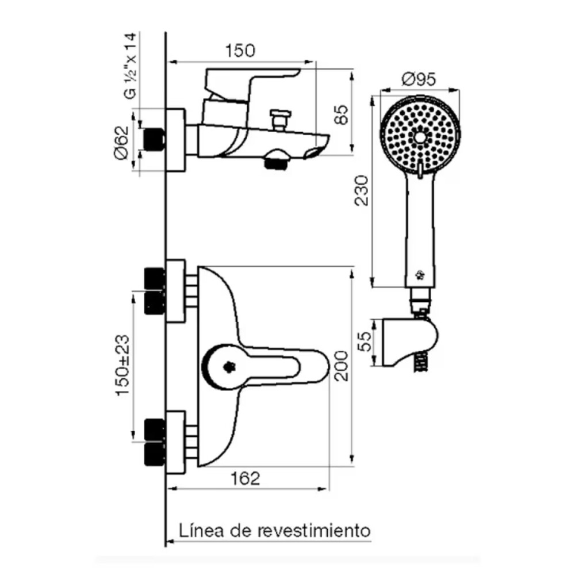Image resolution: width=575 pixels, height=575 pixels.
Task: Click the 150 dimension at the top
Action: [240, 51]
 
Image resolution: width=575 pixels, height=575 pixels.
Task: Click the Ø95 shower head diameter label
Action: [419, 79]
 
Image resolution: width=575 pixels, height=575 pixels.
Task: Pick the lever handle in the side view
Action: [253, 80]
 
